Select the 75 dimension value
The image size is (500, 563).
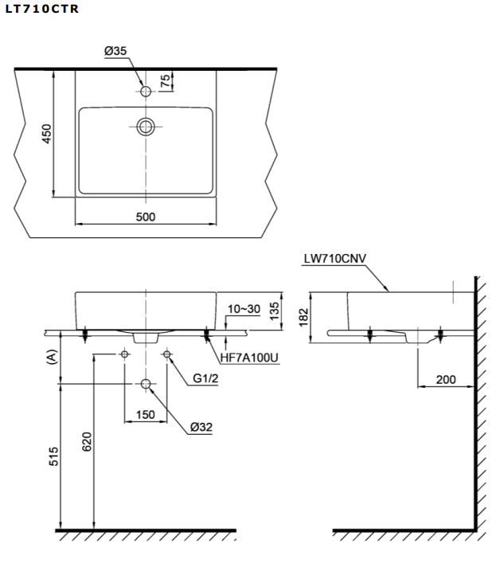click(x=165, y=80)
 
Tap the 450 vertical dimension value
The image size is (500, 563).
click(x=47, y=133)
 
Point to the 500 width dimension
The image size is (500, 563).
click(x=145, y=217)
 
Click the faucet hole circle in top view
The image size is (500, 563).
click(x=146, y=92)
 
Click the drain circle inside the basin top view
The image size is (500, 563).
click(x=146, y=126)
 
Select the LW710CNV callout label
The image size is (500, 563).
click(x=334, y=259)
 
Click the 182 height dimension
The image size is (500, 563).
click(x=303, y=316)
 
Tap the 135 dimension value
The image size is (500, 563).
click(x=275, y=309)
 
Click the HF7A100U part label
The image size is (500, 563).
click(x=248, y=358)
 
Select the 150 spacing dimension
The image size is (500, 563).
click(x=145, y=414)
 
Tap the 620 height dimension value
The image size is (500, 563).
click(x=88, y=441)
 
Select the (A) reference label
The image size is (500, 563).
click(x=53, y=358)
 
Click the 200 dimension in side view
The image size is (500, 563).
click(x=446, y=380)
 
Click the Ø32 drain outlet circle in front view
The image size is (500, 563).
click(x=146, y=385)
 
